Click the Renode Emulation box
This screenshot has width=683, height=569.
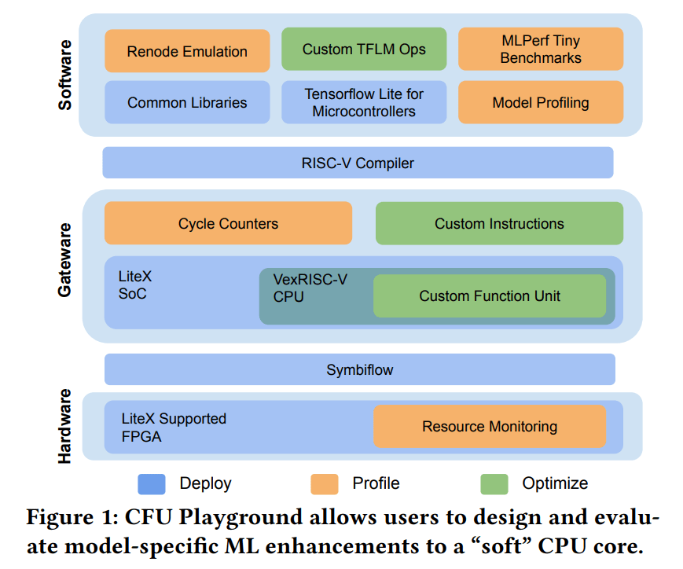[x=187, y=52]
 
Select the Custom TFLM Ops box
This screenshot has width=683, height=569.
[x=364, y=49]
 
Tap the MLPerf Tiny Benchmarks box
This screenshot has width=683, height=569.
[x=541, y=49]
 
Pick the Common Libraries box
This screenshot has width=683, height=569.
[x=187, y=102]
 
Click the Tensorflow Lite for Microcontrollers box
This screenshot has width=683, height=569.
[x=364, y=102]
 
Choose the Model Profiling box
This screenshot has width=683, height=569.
[x=541, y=102]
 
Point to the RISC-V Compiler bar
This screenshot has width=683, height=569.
[x=358, y=163]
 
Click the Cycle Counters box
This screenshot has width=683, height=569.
[x=228, y=223]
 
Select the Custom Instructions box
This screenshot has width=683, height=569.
[x=499, y=223]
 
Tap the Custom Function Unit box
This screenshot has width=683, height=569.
[x=490, y=296]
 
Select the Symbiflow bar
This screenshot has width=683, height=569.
[x=360, y=369]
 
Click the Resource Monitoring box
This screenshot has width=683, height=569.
[x=490, y=427]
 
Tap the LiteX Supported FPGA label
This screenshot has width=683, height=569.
[x=174, y=427]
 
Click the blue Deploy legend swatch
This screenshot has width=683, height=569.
[x=152, y=483]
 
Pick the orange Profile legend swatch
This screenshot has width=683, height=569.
[x=324, y=483]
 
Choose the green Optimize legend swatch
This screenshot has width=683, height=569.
[x=494, y=483]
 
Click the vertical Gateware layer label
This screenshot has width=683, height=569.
[x=64, y=260]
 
